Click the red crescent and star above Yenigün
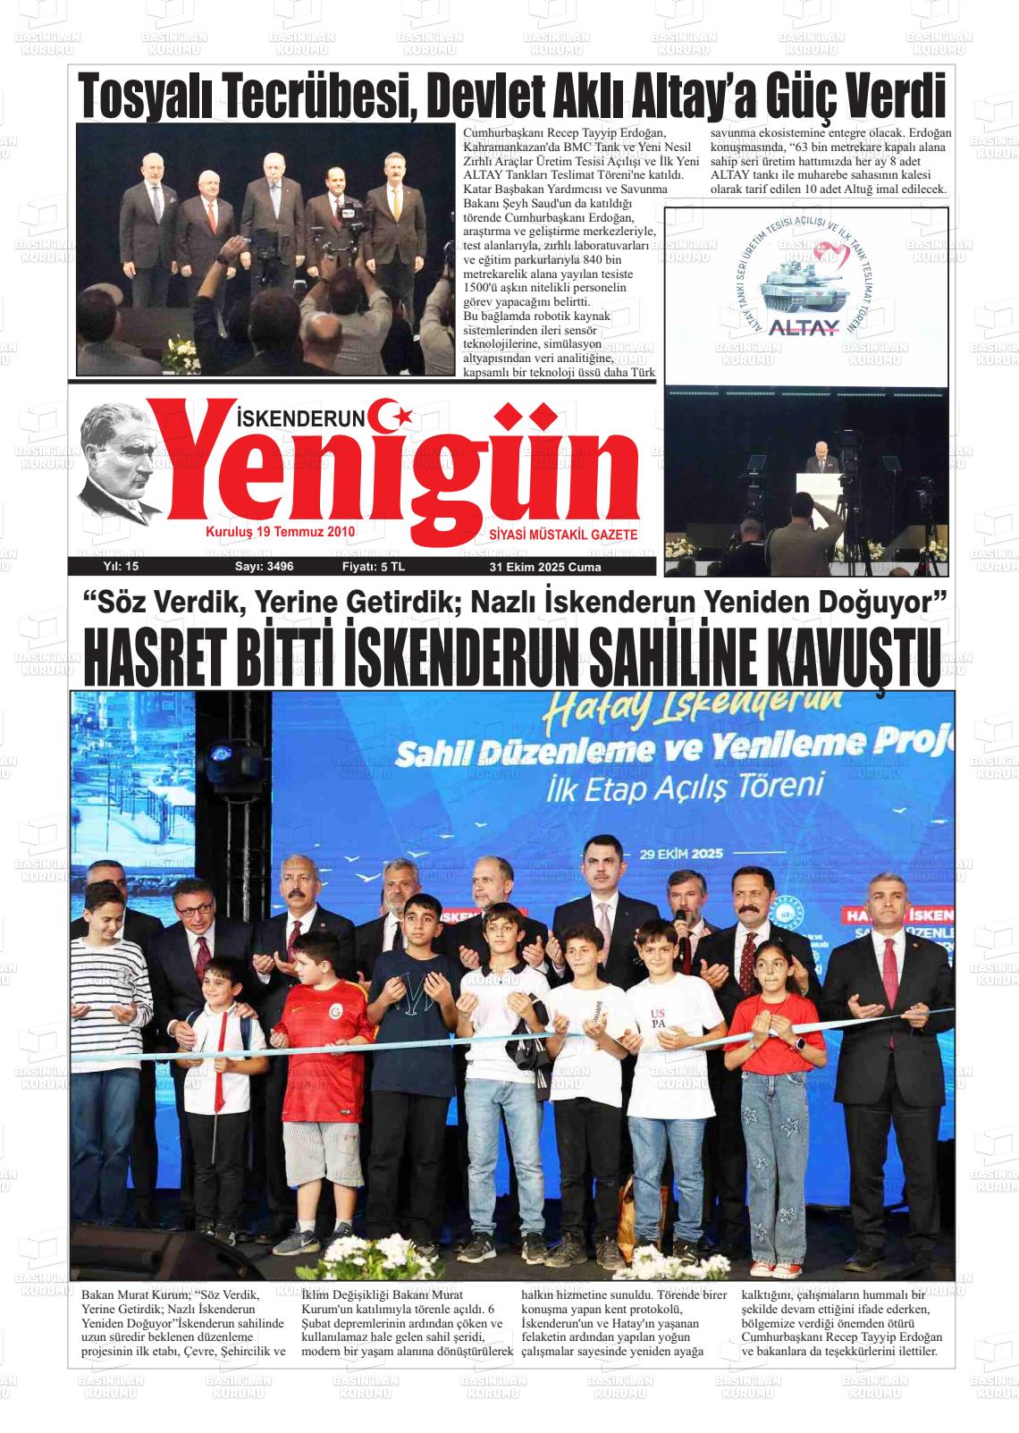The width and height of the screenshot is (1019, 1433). pos(392,412)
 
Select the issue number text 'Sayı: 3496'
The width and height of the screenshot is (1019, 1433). pos(264,567)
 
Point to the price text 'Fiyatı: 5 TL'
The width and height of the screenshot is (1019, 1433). pos(373,567)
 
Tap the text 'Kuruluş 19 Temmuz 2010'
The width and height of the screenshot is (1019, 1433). pos(281,532)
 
